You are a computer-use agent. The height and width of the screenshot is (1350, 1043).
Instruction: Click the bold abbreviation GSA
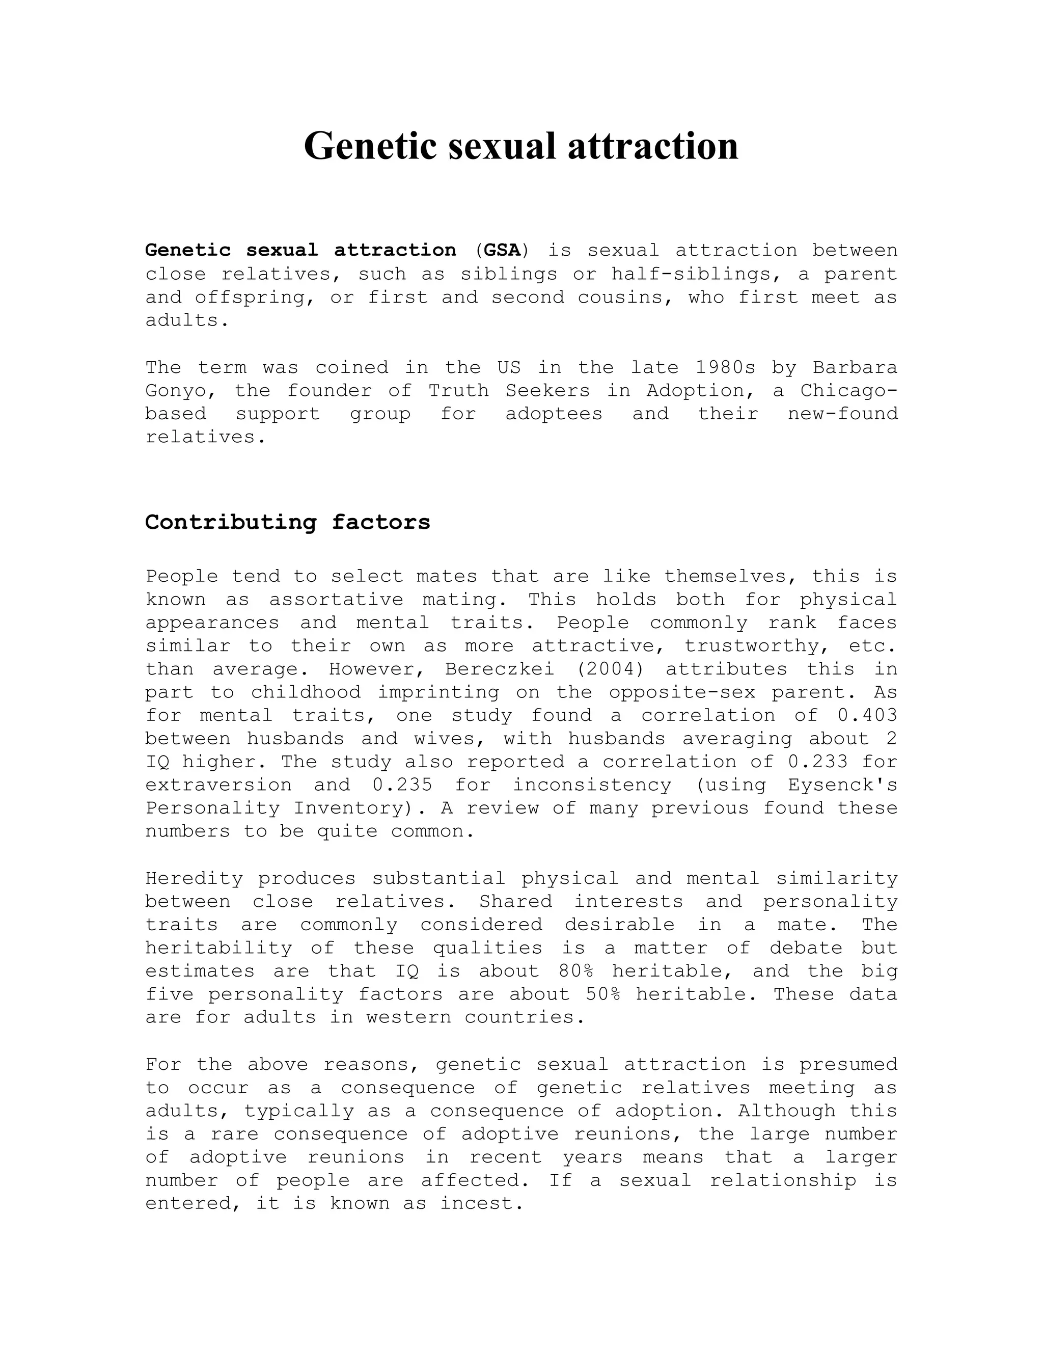502,250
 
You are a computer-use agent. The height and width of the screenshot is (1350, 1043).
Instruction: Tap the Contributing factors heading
287,522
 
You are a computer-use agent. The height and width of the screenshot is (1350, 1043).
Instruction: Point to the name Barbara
855,368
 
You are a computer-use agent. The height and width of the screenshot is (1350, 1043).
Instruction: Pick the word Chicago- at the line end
848,391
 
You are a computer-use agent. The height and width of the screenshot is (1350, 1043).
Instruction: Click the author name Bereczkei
499,669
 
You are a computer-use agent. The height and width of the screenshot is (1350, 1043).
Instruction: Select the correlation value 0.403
867,716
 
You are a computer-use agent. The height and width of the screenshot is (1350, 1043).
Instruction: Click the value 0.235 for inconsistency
402,785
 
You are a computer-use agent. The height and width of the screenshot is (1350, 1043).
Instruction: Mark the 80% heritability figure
576,971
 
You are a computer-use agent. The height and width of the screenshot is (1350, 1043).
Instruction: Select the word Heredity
195,878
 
